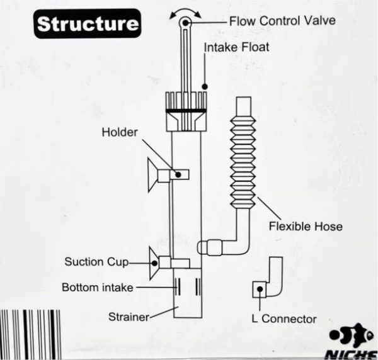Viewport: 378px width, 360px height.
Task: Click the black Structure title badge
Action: click(x=88, y=23)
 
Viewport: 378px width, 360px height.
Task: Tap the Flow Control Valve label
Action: click(x=282, y=21)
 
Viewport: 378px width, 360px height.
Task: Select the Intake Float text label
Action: click(x=236, y=47)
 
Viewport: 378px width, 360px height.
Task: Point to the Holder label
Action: click(x=120, y=132)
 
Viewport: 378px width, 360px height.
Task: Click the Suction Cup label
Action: click(x=96, y=262)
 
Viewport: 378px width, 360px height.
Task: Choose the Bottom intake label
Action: click(x=98, y=287)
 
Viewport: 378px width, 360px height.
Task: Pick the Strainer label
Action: click(x=129, y=317)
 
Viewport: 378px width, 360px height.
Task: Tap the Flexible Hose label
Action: click(x=306, y=227)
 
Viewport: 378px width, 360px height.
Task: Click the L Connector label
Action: click(x=284, y=319)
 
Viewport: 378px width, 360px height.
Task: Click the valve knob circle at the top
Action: click(x=185, y=23)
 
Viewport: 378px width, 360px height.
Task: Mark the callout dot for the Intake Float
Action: click(x=205, y=86)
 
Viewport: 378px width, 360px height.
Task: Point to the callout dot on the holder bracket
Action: click(x=178, y=174)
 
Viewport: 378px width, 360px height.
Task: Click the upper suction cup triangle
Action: click(x=152, y=175)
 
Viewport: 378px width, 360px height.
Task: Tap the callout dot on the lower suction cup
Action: click(x=155, y=263)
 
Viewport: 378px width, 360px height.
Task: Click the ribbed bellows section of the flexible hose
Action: click(x=243, y=162)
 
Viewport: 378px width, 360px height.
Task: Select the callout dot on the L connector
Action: click(x=260, y=289)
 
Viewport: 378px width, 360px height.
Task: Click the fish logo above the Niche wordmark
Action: click(x=352, y=335)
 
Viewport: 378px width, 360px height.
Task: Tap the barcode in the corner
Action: click(x=30, y=334)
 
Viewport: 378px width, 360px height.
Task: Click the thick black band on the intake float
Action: click(x=186, y=111)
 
